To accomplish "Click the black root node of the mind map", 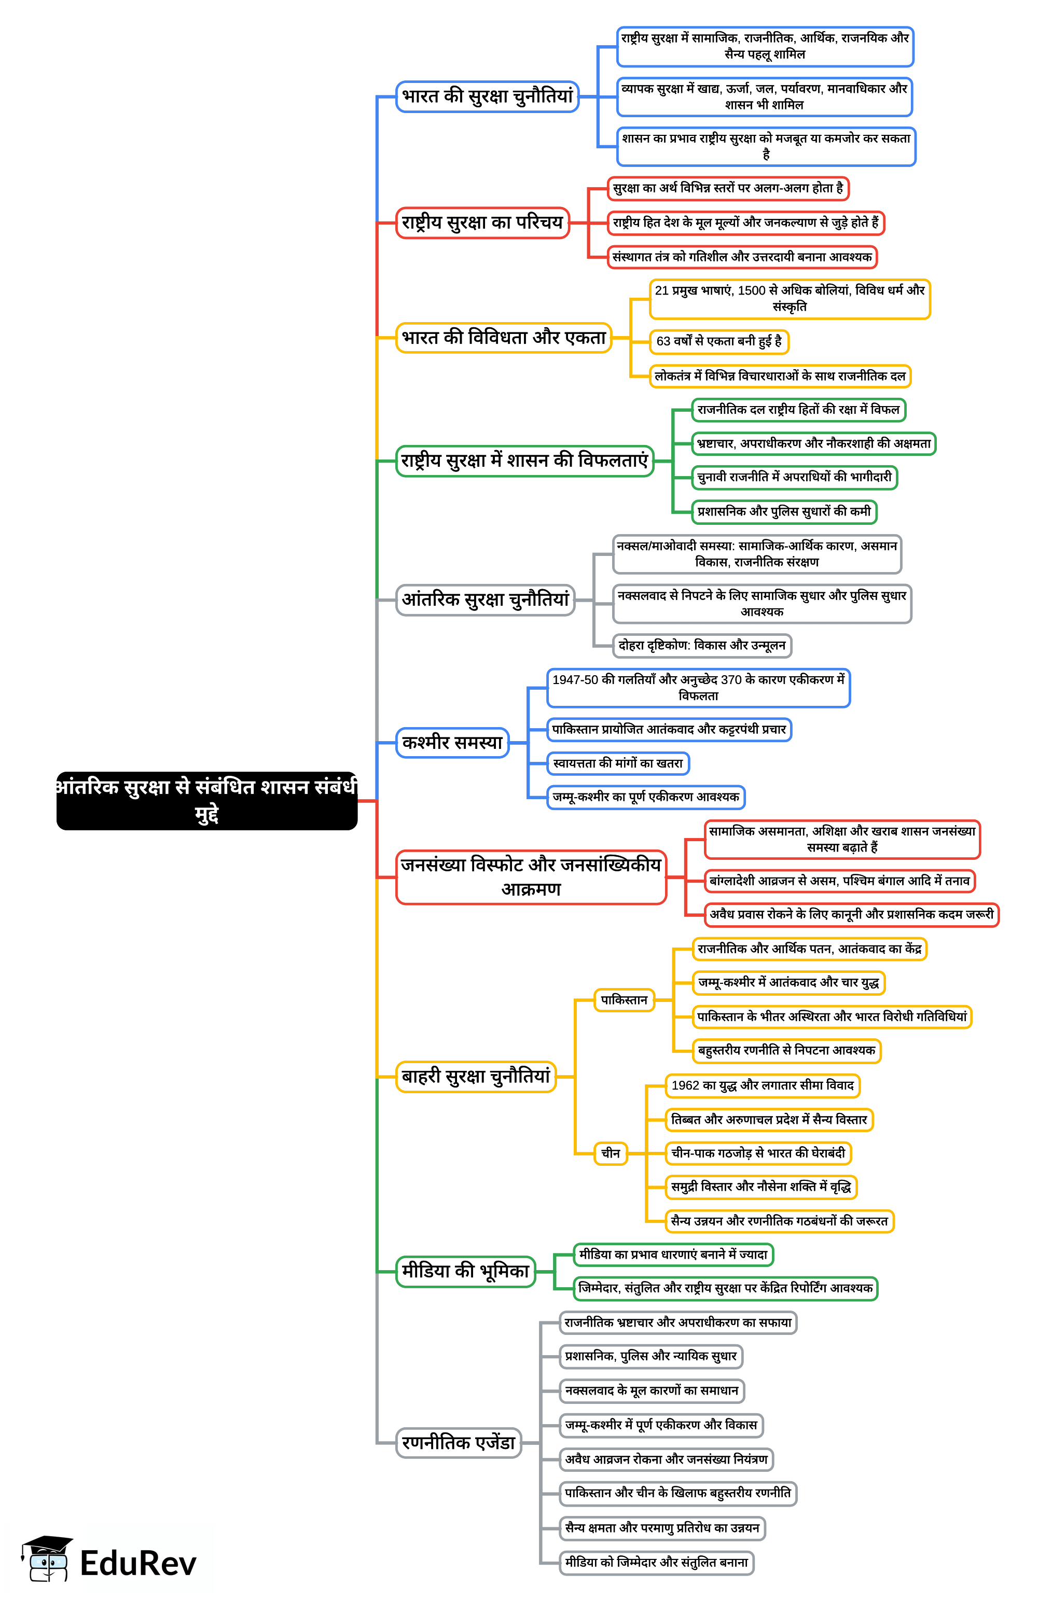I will click(206, 800).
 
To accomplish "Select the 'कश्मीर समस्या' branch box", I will click(452, 743).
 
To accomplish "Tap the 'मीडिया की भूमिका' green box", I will click(465, 1271).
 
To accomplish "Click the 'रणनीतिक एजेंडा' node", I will click(459, 1442).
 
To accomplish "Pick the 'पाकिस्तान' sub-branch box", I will click(624, 1000).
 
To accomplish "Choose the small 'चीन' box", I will click(611, 1153).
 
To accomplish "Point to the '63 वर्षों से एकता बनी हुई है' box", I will click(719, 341).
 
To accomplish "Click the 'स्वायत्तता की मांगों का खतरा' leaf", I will click(618, 763).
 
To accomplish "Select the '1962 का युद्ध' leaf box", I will click(763, 1085).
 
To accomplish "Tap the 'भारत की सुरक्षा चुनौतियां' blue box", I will click(487, 97).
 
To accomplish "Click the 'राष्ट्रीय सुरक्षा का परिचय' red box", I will click(482, 223).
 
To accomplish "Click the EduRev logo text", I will click(138, 1563).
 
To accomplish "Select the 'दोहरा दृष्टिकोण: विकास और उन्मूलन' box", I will click(702, 646).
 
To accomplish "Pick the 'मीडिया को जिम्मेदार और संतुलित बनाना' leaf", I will click(656, 1562).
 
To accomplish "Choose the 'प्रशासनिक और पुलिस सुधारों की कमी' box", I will click(784, 511).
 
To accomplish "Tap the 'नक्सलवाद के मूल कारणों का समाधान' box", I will click(652, 1390).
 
